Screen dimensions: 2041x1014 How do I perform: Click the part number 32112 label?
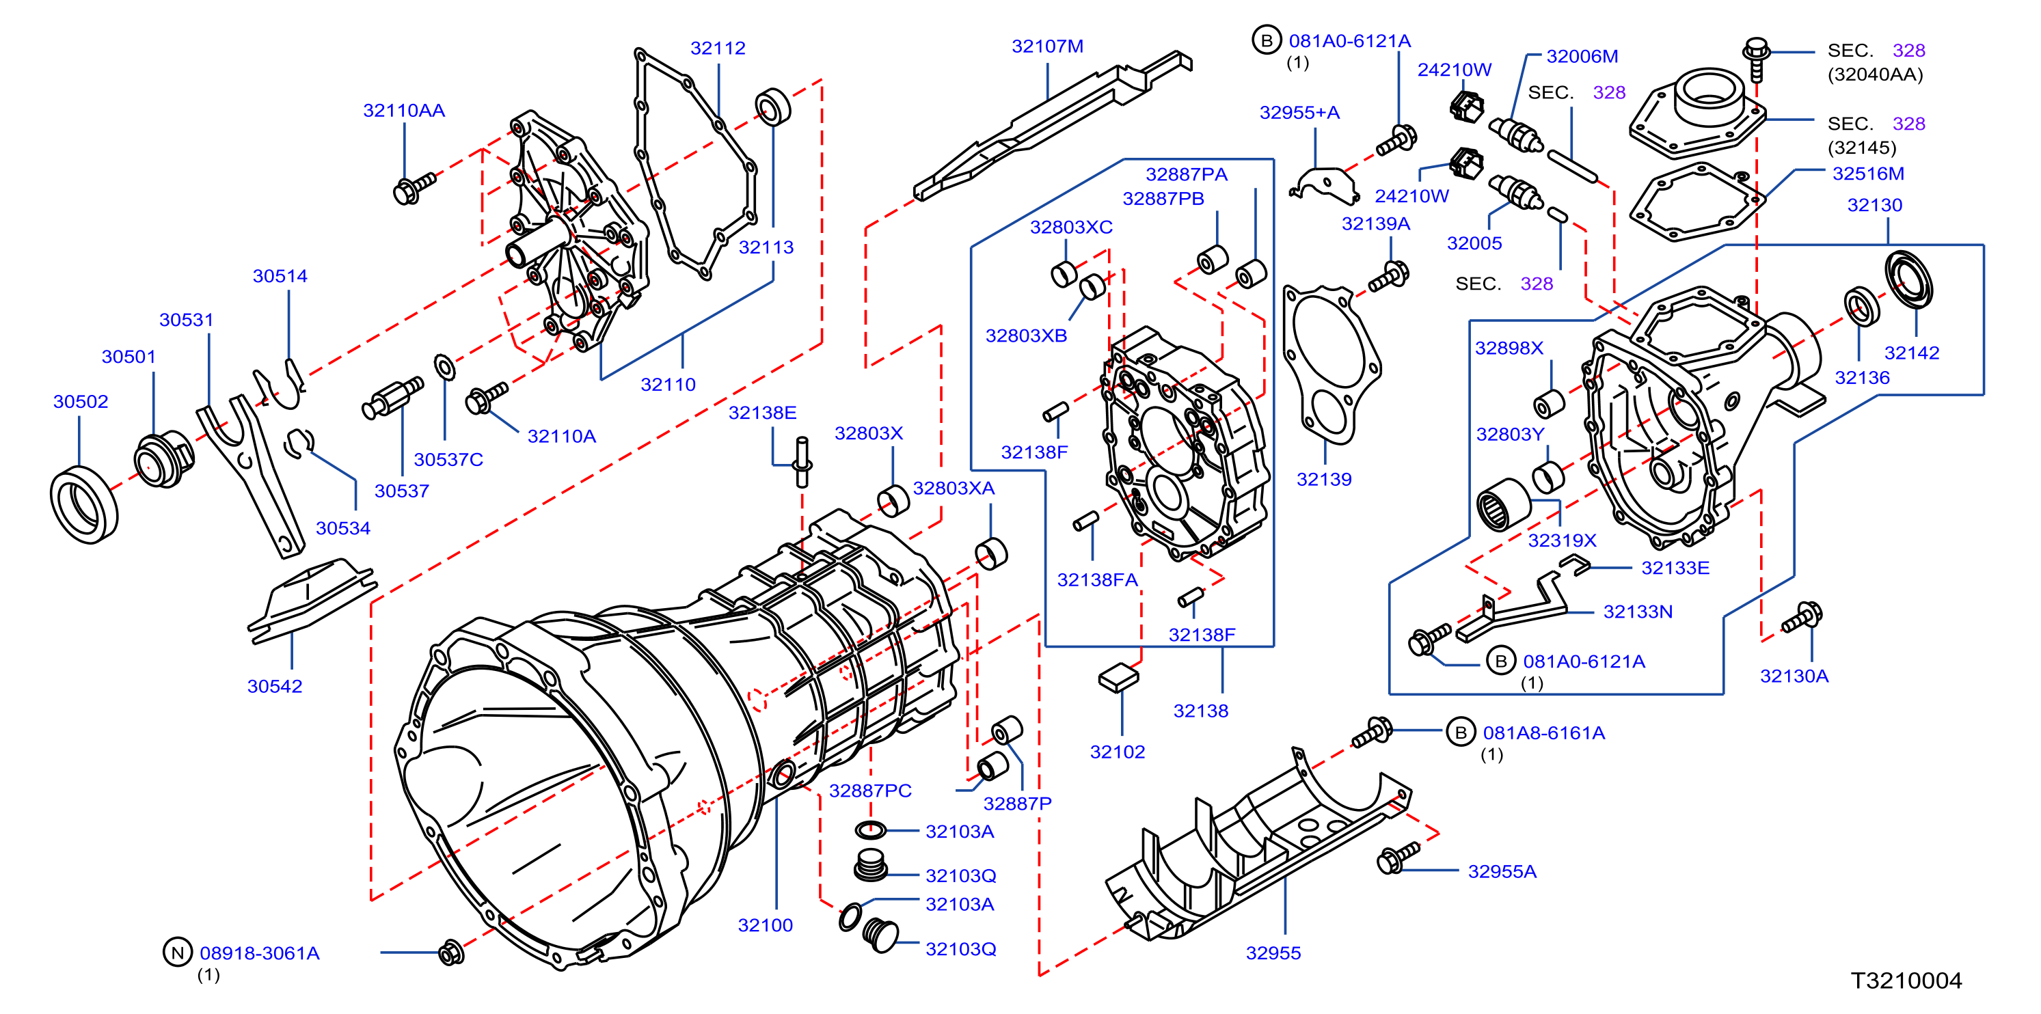(x=718, y=49)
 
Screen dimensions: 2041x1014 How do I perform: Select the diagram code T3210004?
(x=1906, y=981)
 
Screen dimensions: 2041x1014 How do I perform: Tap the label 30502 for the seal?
(x=81, y=402)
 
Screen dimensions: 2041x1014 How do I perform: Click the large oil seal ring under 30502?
(x=84, y=505)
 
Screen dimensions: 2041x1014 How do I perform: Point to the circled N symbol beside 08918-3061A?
(x=178, y=953)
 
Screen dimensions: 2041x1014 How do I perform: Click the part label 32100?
(x=766, y=925)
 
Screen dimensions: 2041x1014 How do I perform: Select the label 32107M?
(x=1047, y=46)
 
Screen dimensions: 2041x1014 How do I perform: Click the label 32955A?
(x=1502, y=871)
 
